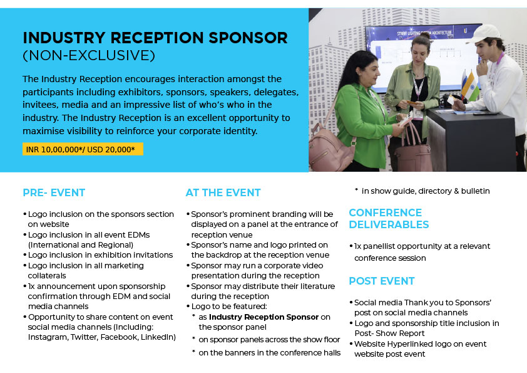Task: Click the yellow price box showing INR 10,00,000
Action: tap(83, 149)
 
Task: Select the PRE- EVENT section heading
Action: tap(54, 192)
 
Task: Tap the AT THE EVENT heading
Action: tap(223, 192)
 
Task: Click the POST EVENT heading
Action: tap(382, 281)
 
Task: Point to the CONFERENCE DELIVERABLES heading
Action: tap(389, 219)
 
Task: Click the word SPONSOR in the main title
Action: tap(248, 38)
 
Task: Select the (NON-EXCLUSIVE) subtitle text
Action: tap(89, 56)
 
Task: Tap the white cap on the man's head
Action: tap(485, 34)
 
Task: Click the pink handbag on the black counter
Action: tap(413, 152)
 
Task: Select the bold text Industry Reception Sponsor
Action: tap(263, 317)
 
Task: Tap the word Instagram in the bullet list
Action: tap(48, 337)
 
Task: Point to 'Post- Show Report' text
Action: tap(389, 334)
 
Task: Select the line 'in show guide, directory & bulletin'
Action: tap(426, 191)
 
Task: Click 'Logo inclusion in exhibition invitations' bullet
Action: tap(100, 255)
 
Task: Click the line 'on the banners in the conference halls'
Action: tap(269, 353)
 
